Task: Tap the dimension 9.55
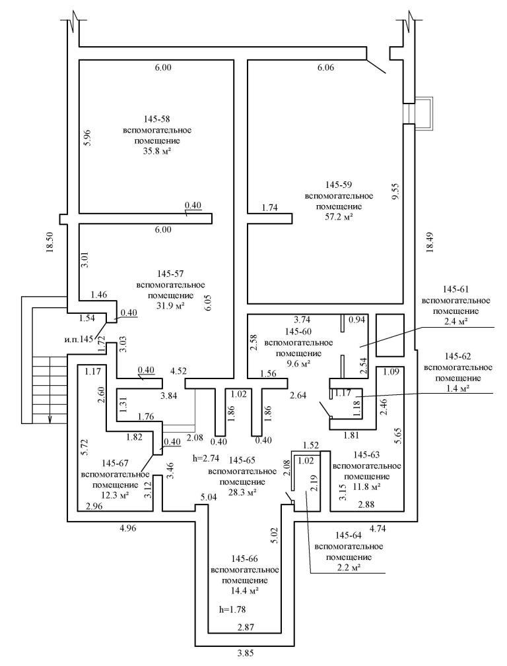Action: pos(395,191)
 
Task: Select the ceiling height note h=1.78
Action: pos(232,609)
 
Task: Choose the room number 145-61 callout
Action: pos(452,289)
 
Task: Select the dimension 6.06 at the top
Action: pos(326,68)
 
